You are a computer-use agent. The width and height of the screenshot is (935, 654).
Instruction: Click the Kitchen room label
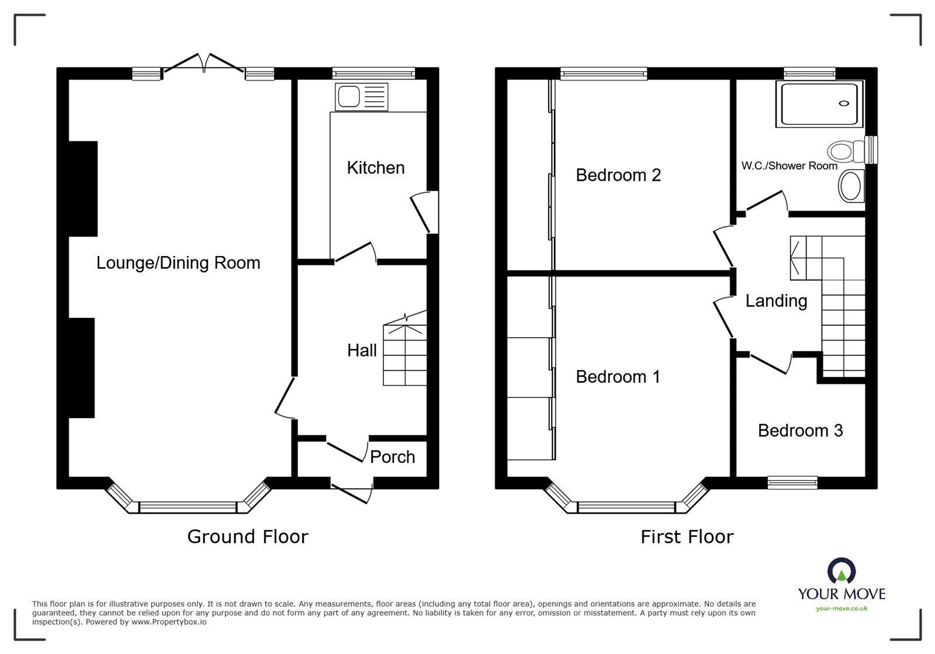pyautogui.click(x=376, y=168)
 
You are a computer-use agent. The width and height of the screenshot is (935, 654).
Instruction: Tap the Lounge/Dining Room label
pyautogui.click(x=178, y=263)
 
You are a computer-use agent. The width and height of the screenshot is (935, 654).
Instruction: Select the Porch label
pyautogui.click(x=392, y=457)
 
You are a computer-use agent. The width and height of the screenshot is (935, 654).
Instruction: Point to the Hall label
pyautogui.click(x=362, y=350)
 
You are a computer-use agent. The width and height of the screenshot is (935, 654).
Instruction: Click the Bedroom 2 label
pyautogui.click(x=618, y=175)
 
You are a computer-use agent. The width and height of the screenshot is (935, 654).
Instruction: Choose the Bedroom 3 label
pyautogui.click(x=800, y=430)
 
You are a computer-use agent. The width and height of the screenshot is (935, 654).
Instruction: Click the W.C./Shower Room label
pyautogui.click(x=789, y=165)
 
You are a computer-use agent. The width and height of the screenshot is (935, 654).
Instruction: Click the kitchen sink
pyautogui.click(x=362, y=97)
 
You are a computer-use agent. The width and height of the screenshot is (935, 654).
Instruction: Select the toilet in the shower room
pyautogui.click(x=846, y=151)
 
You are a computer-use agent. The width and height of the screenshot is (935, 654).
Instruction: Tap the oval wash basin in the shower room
pyautogui.click(x=851, y=186)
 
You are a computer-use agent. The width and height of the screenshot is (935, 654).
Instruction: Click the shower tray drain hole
pyautogui.click(x=844, y=103)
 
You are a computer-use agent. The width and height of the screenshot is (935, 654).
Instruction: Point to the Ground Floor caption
pyautogui.click(x=248, y=537)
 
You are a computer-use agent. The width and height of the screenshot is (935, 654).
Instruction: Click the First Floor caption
pyautogui.click(x=687, y=537)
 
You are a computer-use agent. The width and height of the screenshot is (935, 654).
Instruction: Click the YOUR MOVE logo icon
pyautogui.click(x=841, y=570)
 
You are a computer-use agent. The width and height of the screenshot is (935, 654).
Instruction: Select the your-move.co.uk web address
pyautogui.click(x=841, y=608)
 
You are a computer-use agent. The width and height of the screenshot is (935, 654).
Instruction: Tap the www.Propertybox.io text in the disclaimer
pyautogui.click(x=169, y=622)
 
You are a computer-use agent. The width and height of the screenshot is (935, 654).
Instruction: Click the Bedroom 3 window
pyautogui.click(x=792, y=483)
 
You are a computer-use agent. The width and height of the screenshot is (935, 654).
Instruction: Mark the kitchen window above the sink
pyautogui.click(x=373, y=74)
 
